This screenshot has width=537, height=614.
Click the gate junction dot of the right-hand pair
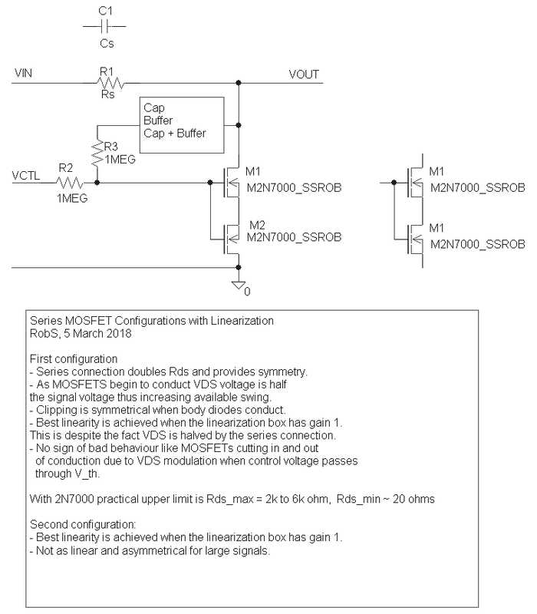click(x=394, y=183)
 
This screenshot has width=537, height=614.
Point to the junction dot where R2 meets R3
click(x=97, y=183)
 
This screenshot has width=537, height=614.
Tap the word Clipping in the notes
click(x=54, y=409)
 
